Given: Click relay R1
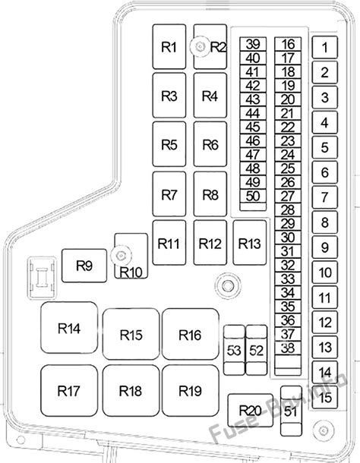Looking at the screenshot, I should pos(169,47).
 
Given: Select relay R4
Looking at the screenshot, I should pos(210,96).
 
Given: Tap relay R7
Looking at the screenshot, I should pos(169,194).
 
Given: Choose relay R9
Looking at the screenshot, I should pos(84,266).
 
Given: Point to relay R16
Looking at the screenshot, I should pos(190,335).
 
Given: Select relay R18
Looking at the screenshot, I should pos(130,391).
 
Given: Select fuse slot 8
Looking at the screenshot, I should pos(324,222).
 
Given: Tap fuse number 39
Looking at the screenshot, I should pos(253,44).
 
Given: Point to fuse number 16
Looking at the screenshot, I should pos(287,44).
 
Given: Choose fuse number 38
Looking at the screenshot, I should pos(287,348).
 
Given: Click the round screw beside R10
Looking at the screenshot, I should pos(118,254).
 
